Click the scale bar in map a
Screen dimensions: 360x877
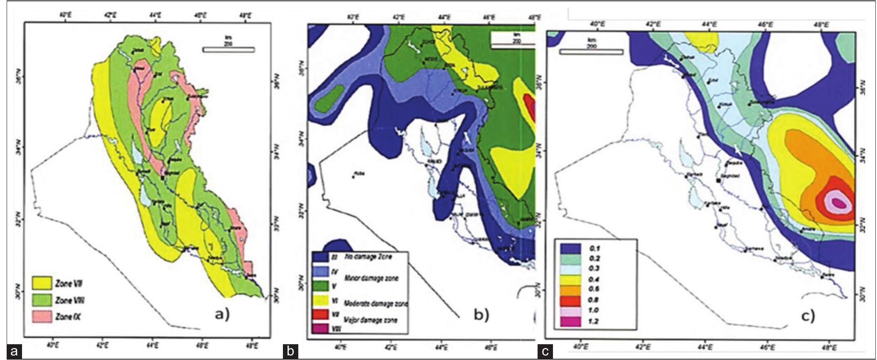[x=228, y=50]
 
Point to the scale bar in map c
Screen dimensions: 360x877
[x=591, y=52]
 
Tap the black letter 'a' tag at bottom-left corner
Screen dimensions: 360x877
[x=15, y=353]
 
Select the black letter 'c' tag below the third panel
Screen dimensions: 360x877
[x=545, y=353]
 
